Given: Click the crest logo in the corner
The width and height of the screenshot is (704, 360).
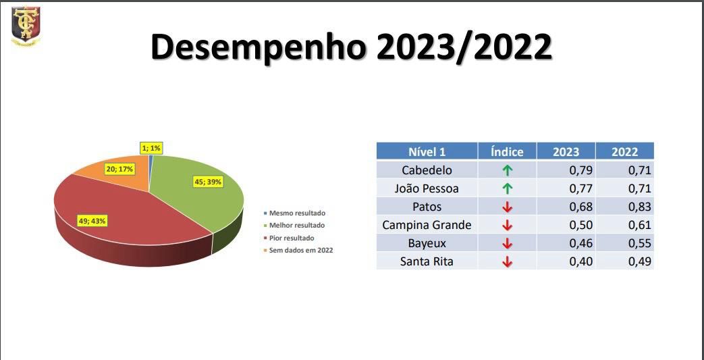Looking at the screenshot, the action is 26,26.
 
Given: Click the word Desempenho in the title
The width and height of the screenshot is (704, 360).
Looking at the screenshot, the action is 258,47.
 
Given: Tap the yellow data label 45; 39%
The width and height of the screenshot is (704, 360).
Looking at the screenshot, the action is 208,182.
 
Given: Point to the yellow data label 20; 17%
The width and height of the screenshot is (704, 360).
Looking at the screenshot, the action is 121,169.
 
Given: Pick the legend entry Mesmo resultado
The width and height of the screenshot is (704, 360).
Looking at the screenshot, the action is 294,213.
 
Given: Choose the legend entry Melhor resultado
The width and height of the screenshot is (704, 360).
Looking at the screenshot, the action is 294,226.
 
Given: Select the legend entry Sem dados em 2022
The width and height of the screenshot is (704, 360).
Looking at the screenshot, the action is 298,251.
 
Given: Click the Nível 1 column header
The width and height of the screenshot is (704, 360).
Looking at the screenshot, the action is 427,151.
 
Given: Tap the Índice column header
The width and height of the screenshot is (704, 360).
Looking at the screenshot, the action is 507,151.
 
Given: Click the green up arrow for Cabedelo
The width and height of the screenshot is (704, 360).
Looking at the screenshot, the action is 508,170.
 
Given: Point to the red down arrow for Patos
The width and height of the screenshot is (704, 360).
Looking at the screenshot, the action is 508,207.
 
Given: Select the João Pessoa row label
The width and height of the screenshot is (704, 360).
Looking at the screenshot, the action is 427,188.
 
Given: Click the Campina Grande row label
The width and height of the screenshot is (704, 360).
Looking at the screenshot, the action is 427,225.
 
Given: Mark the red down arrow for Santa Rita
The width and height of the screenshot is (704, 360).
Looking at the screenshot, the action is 508,261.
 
